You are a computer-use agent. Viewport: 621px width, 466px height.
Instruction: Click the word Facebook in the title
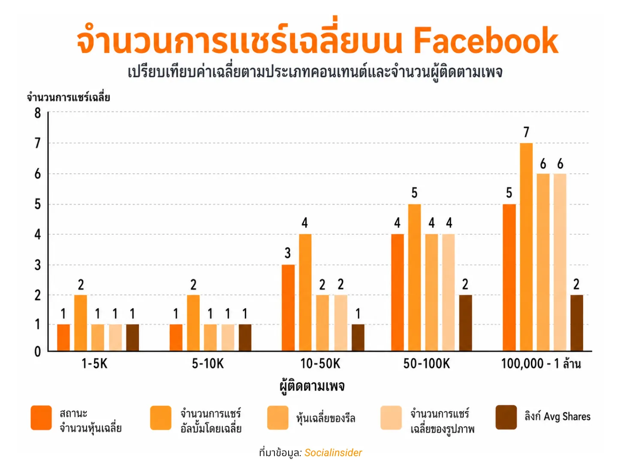click(485, 41)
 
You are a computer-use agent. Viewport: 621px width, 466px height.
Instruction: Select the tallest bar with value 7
click(526, 247)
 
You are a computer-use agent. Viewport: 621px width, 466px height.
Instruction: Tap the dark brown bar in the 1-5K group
click(132, 337)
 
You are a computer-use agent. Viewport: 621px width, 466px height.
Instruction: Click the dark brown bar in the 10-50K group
click(358, 337)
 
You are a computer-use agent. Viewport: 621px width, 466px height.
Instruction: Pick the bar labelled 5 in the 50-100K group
click(414, 277)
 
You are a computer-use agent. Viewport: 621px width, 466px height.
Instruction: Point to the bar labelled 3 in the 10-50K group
click(288, 308)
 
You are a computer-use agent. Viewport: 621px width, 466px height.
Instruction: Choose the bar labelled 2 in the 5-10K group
click(193, 323)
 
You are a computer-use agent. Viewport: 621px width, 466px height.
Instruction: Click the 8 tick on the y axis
click(38, 113)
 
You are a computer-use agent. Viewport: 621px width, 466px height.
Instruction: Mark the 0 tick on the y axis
click(38, 352)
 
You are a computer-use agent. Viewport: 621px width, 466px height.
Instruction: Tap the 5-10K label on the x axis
click(208, 364)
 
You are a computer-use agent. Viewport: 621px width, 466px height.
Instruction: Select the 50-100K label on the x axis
click(426, 364)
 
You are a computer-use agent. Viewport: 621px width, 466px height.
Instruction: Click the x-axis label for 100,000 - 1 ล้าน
click(541, 364)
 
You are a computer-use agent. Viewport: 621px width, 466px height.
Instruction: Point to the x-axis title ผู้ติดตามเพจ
click(312, 386)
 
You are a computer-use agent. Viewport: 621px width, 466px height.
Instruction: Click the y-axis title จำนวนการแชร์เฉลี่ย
click(68, 97)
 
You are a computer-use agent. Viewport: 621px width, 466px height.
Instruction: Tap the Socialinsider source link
click(333, 453)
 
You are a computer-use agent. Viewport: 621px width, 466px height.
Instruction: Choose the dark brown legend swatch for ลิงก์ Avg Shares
click(506, 417)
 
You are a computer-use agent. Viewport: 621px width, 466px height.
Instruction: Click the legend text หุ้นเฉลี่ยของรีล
click(326, 418)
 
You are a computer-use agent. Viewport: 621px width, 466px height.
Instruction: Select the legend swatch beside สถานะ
click(41, 418)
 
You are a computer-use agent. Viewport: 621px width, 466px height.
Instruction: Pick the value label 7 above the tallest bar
click(526, 132)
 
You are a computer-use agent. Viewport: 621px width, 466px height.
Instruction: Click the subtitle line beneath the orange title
click(315, 72)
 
